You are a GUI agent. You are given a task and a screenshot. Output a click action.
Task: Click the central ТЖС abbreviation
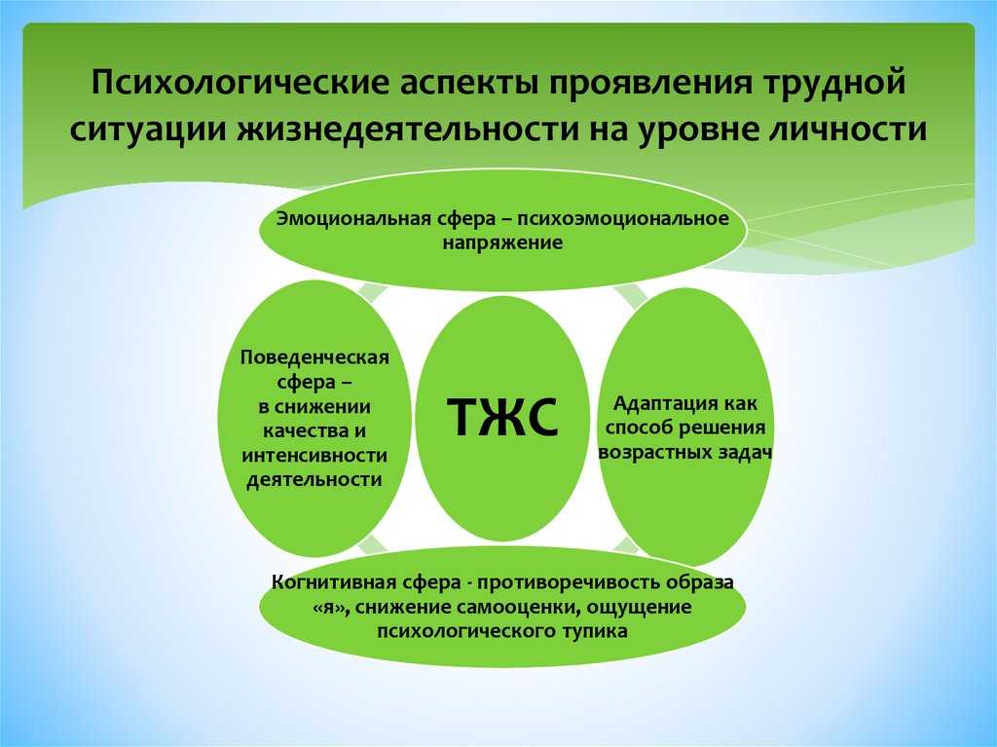point(502,417)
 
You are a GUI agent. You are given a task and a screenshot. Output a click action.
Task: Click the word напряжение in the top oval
point(502,243)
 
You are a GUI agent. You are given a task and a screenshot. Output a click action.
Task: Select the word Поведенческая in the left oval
point(314,357)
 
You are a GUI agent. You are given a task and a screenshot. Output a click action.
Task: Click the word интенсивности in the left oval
point(314,456)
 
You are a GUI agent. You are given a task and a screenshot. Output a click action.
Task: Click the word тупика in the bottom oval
point(595,631)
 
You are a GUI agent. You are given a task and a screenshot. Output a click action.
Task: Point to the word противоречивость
point(569,582)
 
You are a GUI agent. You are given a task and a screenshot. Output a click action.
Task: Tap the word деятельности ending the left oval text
point(314,480)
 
